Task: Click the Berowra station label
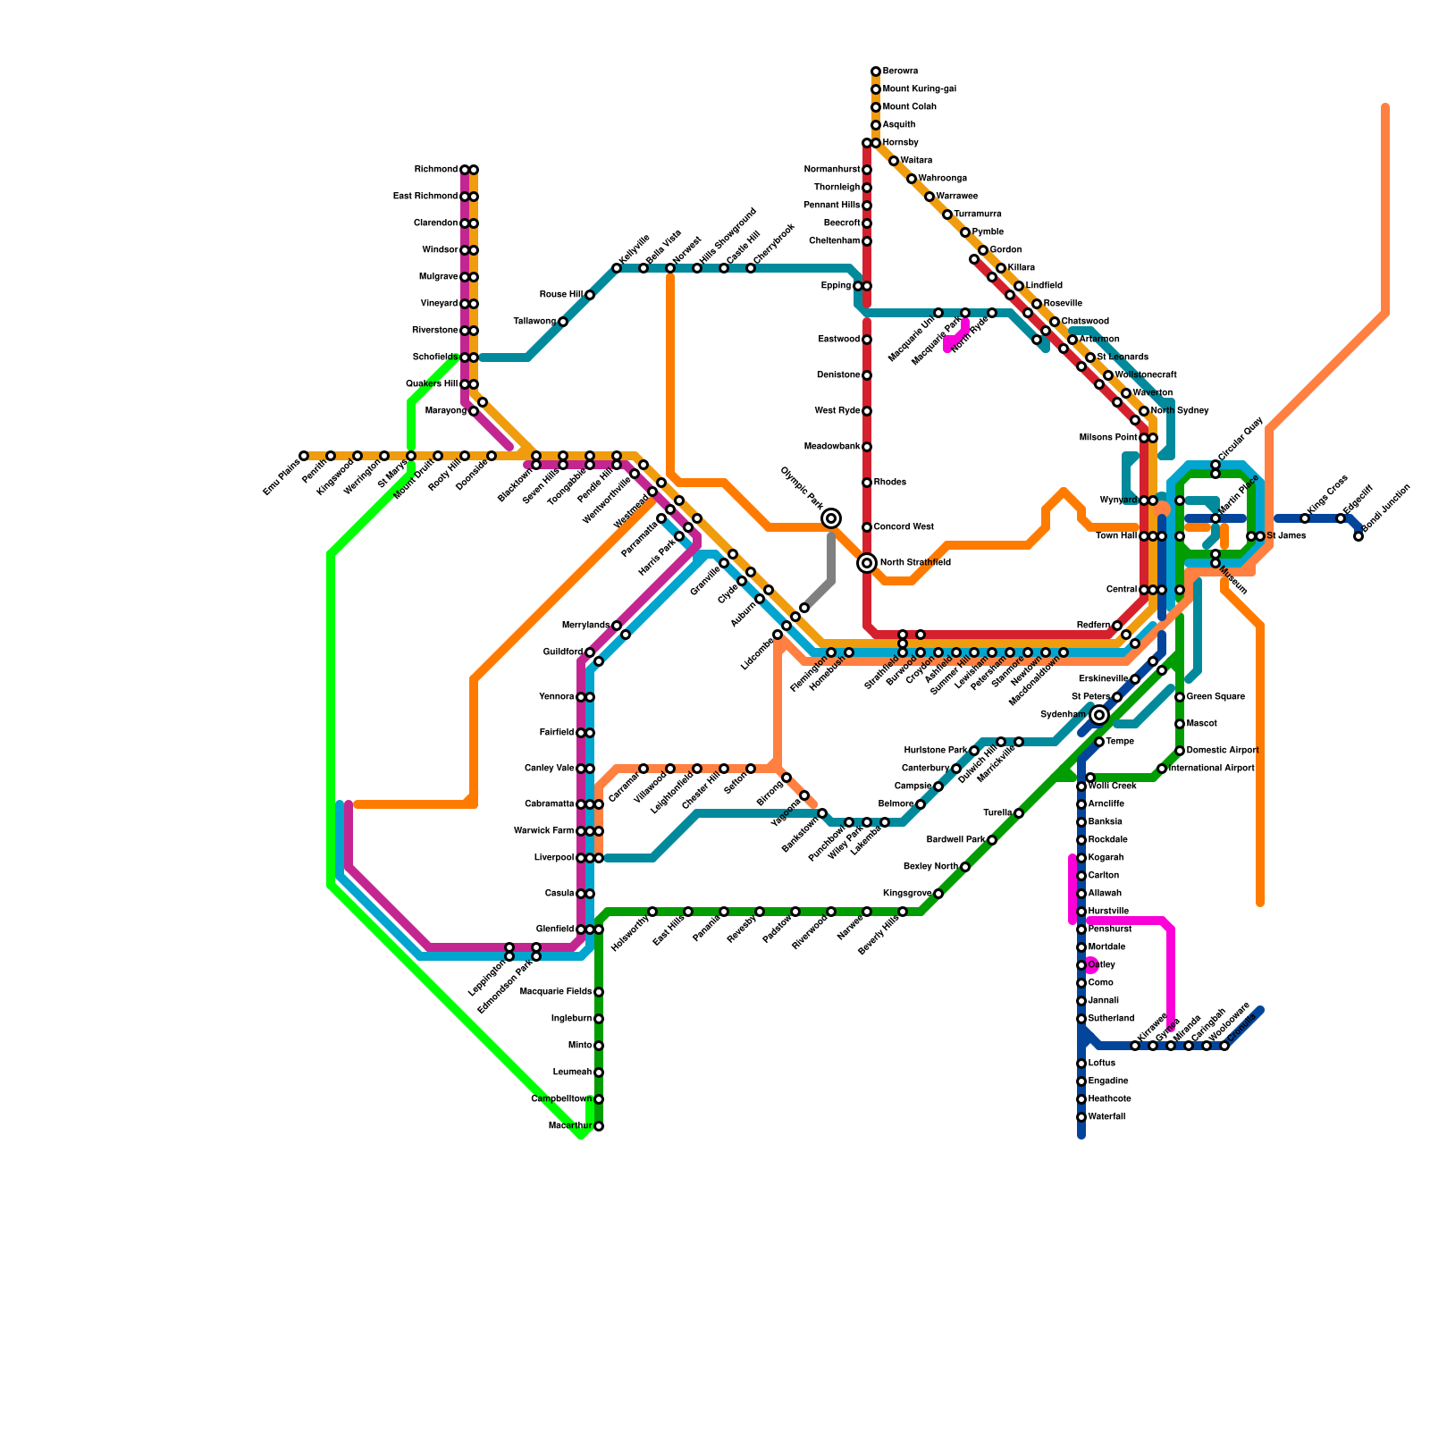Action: [900, 71]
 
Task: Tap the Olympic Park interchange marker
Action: [831, 518]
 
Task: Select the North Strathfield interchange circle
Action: [867, 563]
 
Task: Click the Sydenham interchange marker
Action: [1099, 715]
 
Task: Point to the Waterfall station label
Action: [1107, 1117]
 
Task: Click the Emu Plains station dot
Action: [304, 456]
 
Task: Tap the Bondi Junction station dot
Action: [1358, 536]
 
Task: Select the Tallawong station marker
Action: [563, 322]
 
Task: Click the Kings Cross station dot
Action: [1305, 518]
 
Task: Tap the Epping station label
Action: [837, 286]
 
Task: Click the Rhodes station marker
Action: [867, 483]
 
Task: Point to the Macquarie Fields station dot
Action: [599, 992]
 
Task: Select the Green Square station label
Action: [1215, 697]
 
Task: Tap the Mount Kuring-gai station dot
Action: [876, 89]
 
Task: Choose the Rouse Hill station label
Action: [561, 295]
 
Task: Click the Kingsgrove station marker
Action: [938, 894]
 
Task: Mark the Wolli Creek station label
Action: [1113, 786]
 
